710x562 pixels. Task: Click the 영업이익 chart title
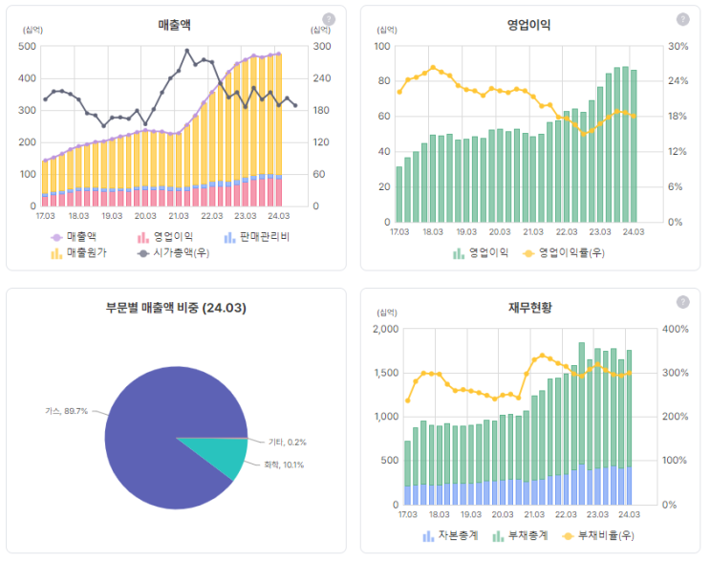coord(527,24)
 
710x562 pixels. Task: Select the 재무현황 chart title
coord(529,308)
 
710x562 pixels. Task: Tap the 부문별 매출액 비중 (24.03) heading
coord(176,308)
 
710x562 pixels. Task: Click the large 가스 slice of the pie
coord(153,421)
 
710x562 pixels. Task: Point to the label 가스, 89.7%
coord(67,411)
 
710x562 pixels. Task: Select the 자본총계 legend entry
coord(452,536)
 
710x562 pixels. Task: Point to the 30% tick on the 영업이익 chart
coord(678,46)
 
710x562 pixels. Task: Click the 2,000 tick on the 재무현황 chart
coord(383,329)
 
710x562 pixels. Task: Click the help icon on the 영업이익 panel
coord(682,19)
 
